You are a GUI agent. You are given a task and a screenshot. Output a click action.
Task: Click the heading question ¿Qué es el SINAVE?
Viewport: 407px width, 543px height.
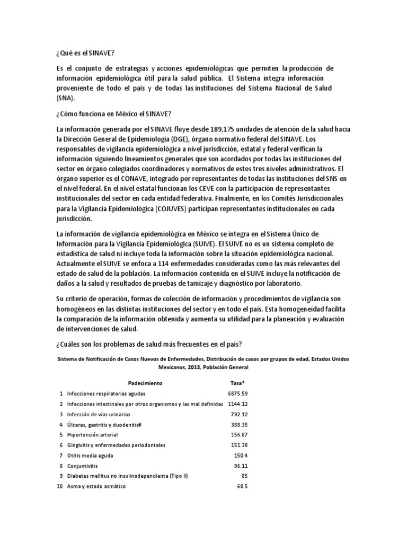85,54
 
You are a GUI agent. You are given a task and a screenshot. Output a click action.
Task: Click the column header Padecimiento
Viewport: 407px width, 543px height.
145,382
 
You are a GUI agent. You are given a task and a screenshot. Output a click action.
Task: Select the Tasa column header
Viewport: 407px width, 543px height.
237,382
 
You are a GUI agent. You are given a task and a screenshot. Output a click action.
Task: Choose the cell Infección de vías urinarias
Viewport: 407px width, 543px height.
99,414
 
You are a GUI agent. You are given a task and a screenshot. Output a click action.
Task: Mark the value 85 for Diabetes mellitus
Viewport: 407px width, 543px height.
244,476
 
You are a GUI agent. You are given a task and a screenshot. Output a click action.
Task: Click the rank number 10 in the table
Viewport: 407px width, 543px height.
61,487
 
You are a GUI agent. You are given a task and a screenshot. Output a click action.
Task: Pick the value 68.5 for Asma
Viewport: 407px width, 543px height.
242,487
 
